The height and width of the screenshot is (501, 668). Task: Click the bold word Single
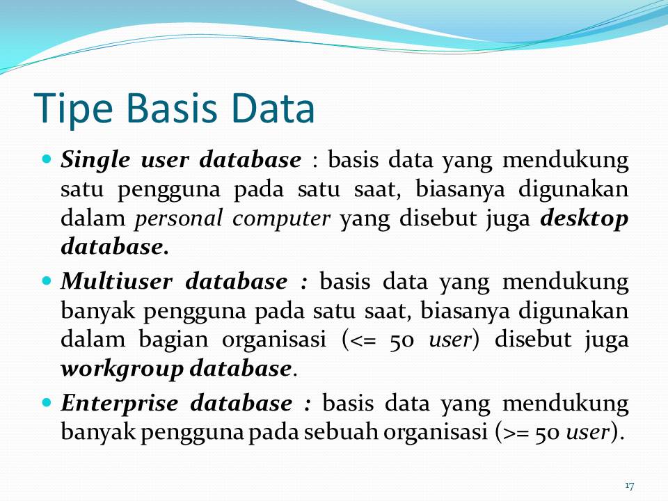click(x=93, y=161)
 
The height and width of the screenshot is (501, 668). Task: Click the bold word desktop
click(x=584, y=218)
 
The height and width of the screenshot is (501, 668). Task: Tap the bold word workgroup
click(x=122, y=368)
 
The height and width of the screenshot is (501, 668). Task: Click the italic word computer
click(x=282, y=218)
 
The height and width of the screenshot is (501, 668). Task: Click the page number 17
click(x=630, y=485)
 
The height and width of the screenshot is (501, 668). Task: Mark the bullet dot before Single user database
click(x=47, y=159)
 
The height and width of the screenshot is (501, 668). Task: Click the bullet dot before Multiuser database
click(x=47, y=281)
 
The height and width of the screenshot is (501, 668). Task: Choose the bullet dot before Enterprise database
click(x=47, y=402)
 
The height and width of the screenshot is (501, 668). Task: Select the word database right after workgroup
click(x=239, y=368)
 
